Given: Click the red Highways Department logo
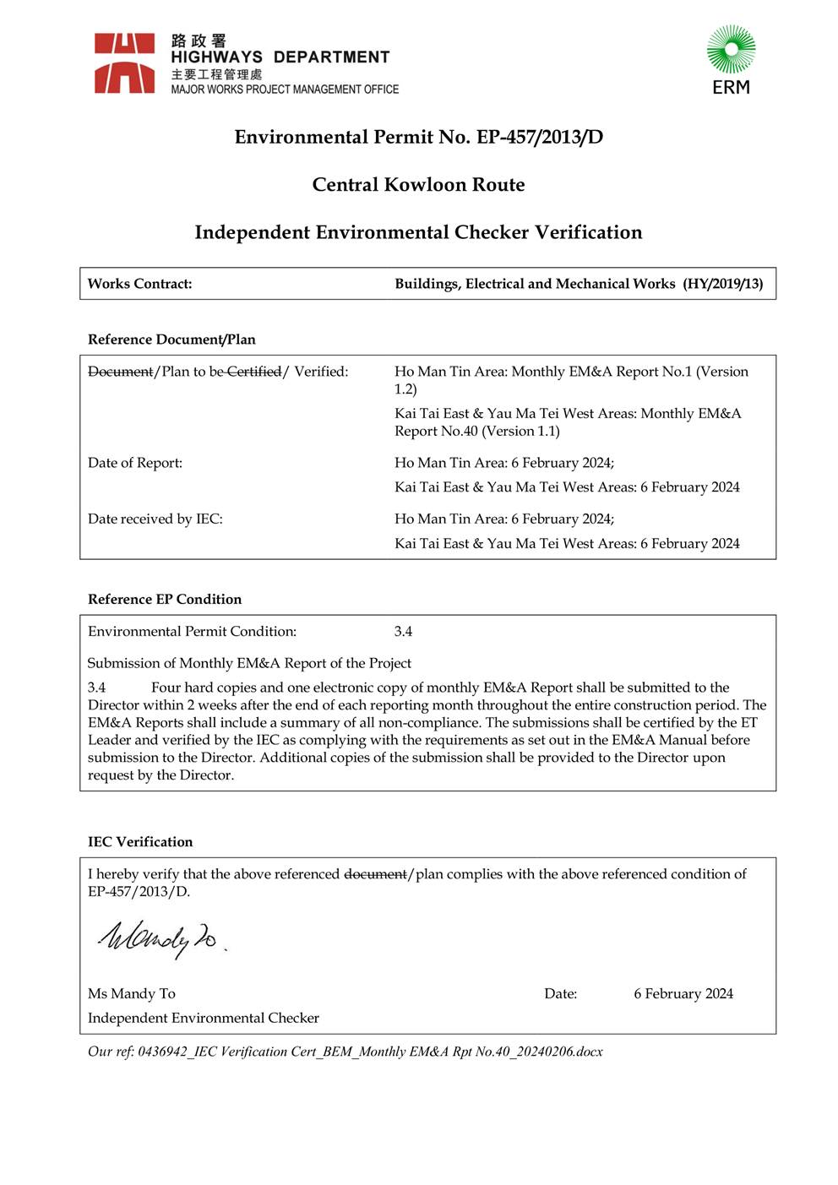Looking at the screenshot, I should pos(124,63).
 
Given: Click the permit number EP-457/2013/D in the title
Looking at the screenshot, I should pos(540,137).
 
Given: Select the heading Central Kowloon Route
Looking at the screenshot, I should pos(418,184).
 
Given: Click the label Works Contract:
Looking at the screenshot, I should pos(139,284).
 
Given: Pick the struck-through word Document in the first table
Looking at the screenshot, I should pos(121,372).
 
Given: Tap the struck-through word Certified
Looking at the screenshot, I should pos(253,372).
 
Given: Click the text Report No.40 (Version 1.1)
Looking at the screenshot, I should pos(477,431).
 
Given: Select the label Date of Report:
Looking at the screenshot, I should pos(135,463).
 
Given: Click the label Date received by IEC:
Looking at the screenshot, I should pos(155,519).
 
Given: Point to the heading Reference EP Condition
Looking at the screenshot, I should pos(165,599).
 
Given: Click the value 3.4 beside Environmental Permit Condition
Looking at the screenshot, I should pos(403,631).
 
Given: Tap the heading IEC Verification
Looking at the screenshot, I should pos(140,841).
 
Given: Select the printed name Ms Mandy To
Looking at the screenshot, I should pos(132,993).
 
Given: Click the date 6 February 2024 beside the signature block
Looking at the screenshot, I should pos(683,993).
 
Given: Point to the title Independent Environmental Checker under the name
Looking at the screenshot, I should pos(204,1018).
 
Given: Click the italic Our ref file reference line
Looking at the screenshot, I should pos(345,1052).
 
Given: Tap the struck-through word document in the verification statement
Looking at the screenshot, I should pos(375,874).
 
